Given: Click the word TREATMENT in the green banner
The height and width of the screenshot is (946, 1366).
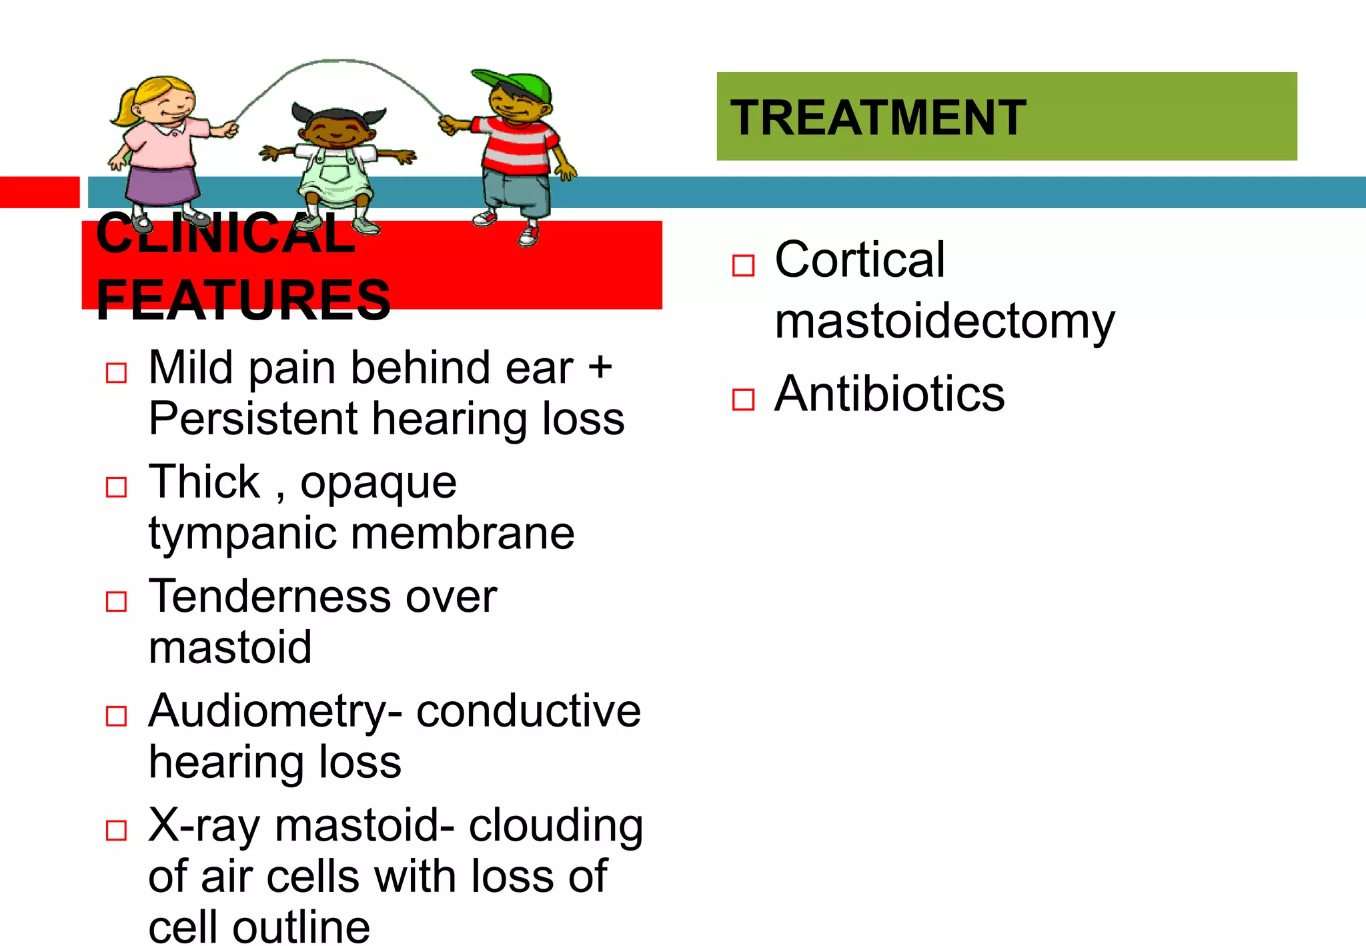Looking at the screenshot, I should [x=878, y=118].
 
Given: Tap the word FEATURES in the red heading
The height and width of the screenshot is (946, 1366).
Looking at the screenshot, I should [x=243, y=300].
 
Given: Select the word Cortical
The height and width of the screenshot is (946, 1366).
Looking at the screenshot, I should [x=860, y=260].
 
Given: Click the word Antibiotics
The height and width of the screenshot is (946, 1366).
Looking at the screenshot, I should [x=889, y=394].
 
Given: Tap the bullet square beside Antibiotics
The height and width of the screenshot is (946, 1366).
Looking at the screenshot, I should [x=743, y=399].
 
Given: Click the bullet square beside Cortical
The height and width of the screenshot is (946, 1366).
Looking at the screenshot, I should [x=743, y=265].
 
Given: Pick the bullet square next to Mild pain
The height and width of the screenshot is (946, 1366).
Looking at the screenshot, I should [x=117, y=372].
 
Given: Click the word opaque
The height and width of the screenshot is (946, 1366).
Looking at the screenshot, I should [x=378, y=483].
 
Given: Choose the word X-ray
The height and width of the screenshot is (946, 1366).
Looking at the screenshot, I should [x=203, y=826].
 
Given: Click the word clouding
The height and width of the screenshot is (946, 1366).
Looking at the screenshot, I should [x=556, y=826].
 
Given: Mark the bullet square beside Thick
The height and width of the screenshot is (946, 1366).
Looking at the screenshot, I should [x=117, y=487].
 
